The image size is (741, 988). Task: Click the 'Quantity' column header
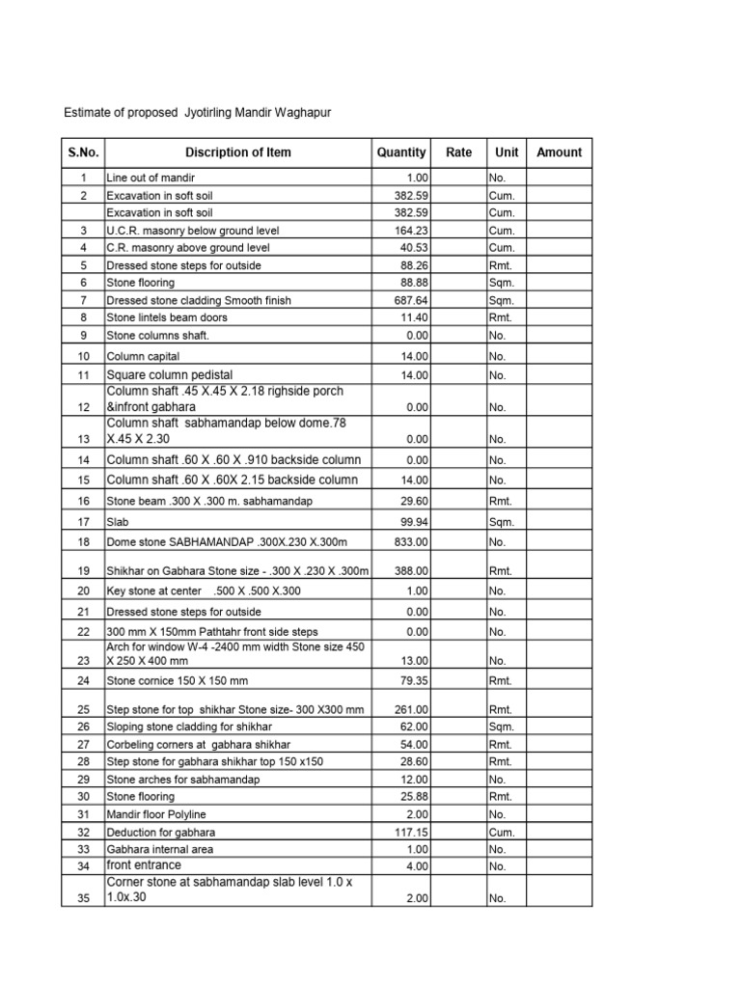tap(401, 152)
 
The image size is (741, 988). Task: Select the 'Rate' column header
tap(458, 152)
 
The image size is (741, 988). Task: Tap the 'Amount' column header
tap(559, 152)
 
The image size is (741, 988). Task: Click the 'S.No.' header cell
tap(84, 152)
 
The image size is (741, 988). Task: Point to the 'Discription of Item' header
tap(238, 152)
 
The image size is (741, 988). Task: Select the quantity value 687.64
tap(411, 300)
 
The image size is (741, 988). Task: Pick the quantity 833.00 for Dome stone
tap(411, 543)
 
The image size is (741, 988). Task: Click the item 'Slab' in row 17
tap(117, 522)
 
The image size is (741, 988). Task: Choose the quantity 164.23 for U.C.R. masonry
tap(411, 231)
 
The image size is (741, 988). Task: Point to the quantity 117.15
tap(411, 832)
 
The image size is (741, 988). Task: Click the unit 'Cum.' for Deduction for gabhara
tap(502, 832)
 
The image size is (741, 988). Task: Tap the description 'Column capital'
tap(144, 356)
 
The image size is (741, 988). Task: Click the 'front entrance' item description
tap(144, 865)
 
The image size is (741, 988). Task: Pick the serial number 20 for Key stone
tap(84, 590)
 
